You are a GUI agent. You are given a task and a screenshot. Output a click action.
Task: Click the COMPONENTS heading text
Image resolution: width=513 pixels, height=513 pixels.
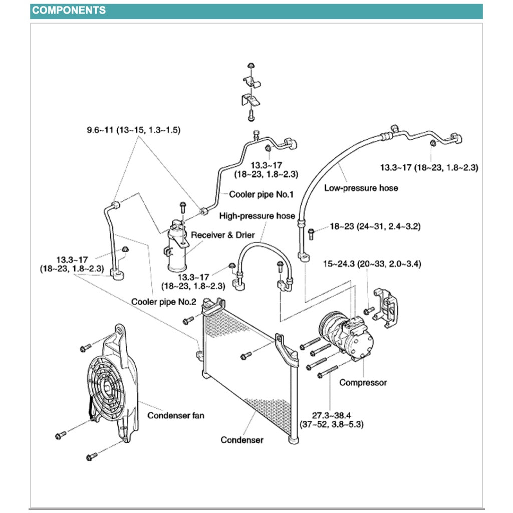69,11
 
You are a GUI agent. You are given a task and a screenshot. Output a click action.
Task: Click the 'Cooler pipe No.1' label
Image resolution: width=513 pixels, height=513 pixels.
261,194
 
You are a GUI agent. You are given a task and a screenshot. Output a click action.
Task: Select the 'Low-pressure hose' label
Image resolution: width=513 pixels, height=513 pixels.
361,188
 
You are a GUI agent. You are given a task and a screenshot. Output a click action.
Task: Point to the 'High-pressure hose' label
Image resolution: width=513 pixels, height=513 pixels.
257,216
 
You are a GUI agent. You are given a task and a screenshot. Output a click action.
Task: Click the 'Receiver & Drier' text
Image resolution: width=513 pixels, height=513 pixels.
223,235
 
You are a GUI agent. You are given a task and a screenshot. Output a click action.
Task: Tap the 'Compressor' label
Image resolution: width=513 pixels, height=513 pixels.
363,382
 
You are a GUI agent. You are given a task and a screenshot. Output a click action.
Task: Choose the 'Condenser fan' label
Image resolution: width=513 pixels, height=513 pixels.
175,415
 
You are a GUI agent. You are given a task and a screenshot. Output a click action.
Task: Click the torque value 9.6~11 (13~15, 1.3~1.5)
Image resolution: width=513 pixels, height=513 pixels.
133,130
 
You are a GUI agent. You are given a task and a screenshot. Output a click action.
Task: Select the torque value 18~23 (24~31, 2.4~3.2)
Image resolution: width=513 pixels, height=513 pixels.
375,226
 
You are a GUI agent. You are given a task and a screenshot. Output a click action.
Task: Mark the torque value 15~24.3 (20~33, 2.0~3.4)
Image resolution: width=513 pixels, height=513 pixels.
371,264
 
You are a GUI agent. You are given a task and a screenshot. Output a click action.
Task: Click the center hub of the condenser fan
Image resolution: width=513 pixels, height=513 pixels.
107,386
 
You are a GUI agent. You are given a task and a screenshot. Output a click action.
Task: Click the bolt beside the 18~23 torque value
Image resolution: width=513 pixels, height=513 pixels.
311,232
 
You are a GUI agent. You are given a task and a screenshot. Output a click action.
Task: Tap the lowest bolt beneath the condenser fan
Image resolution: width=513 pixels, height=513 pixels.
92,456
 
